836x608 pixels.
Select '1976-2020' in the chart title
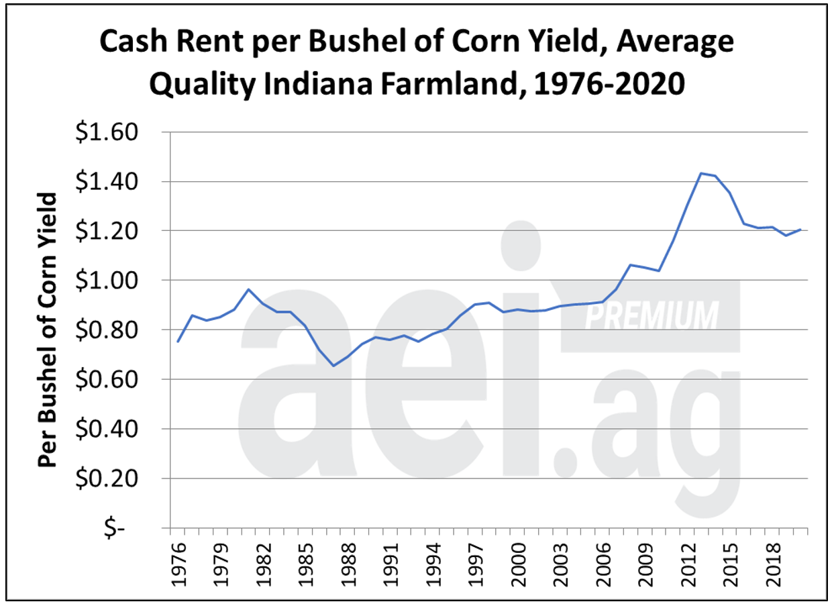coord(615,85)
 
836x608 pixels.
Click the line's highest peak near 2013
coord(700,173)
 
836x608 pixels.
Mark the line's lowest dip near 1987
coord(333,366)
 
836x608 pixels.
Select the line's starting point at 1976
coord(178,342)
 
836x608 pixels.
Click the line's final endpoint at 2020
coord(799,230)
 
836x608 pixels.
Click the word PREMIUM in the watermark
coord(651,315)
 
